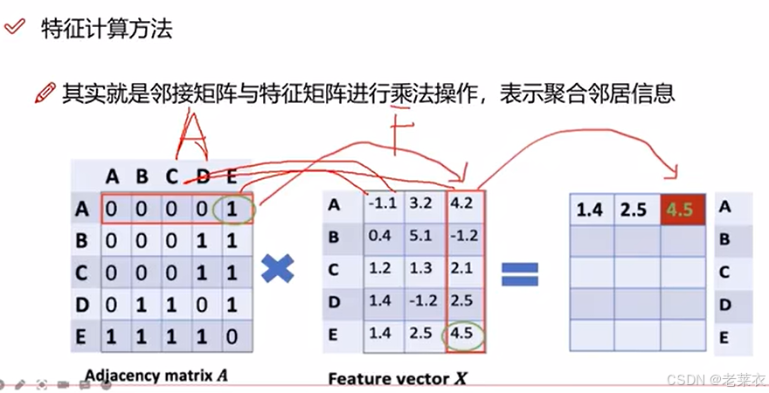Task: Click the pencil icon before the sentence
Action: pyautogui.click(x=44, y=93)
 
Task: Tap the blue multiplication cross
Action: pyautogui.click(x=277, y=270)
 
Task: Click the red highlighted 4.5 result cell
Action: pyautogui.click(x=682, y=210)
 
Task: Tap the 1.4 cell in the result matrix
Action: pyautogui.click(x=591, y=210)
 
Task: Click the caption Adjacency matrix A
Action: pyautogui.click(x=156, y=376)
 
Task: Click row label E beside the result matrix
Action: pyautogui.click(x=724, y=336)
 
